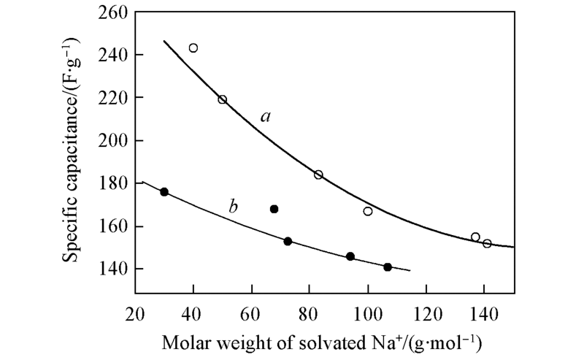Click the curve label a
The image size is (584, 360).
[266, 117]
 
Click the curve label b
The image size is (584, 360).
[234, 207]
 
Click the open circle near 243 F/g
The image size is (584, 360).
[193, 48]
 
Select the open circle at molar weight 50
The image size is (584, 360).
[223, 99]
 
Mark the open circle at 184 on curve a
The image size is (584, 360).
[318, 175]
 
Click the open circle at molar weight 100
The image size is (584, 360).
[368, 211]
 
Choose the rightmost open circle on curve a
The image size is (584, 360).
[487, 243]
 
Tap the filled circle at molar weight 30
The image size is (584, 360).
[164, 192]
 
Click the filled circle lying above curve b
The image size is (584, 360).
[274, 209]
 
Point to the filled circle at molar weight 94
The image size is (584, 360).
[350, 256]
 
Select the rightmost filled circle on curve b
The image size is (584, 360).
[388, 267]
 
